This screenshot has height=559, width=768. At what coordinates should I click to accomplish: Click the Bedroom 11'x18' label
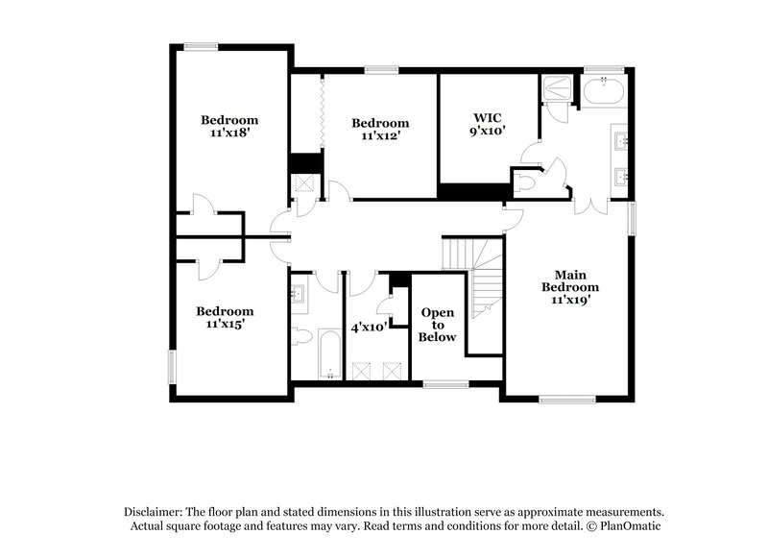(x=229, y=127)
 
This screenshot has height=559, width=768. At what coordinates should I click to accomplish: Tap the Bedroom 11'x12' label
(x=380, y=129)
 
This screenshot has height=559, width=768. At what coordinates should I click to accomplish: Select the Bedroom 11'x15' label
(x=225, y=318)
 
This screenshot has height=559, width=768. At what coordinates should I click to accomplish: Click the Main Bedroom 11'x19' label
(x=570, y=286)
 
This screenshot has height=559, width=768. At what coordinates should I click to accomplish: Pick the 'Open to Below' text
(x=438, y=326)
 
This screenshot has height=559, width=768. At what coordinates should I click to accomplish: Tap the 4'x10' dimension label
(x=369, y=328)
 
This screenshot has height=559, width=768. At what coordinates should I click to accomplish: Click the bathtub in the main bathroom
(x=604, y=92)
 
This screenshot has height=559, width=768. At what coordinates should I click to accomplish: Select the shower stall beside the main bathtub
(x=556, y=90)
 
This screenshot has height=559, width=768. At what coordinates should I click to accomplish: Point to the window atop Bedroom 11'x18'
(x=201, y=44)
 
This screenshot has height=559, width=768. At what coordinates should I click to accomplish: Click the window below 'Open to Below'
(x=444, y=385)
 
